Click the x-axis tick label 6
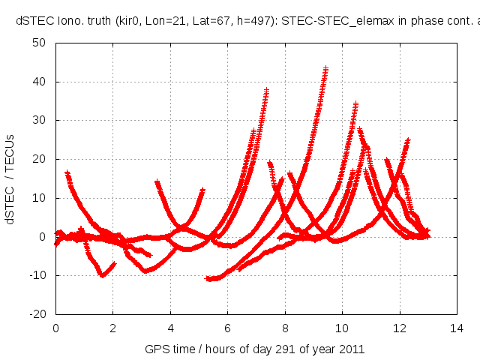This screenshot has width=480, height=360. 227,328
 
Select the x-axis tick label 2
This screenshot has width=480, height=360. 113,328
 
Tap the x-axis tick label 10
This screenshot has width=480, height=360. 342,328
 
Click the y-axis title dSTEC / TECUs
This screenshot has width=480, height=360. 10,178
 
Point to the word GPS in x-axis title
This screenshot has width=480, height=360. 156,349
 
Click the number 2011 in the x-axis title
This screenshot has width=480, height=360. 352,349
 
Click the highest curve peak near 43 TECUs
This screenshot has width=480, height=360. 326,69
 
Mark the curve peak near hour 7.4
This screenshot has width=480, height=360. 266,91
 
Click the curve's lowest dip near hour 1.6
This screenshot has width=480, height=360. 102,275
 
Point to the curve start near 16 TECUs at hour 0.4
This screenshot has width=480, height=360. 67,173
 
